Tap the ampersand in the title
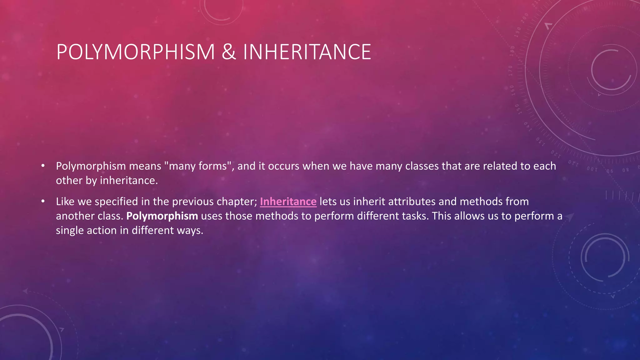229,52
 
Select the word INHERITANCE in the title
307,52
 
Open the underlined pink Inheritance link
288,202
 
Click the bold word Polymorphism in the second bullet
162,216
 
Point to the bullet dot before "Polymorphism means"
43,166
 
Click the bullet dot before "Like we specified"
43,202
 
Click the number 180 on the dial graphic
512,51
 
